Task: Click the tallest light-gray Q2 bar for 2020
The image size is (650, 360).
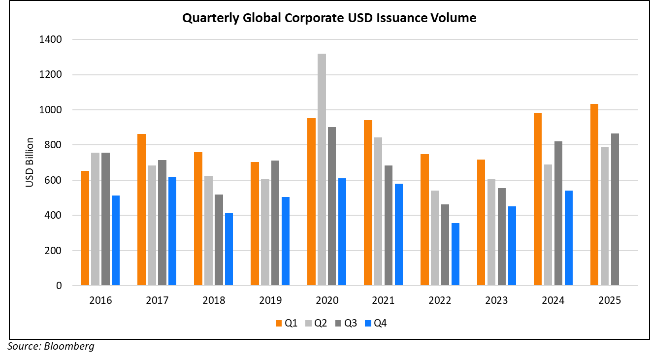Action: (x=322, y=169)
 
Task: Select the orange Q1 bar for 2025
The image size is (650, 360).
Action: (x=594, y=195)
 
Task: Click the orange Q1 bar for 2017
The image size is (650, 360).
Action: (x=141, y=209)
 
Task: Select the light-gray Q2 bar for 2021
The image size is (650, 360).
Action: (x=378, y=211)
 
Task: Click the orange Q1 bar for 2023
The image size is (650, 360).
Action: (x=481, y=222)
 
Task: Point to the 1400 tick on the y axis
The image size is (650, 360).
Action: (x=55, y=39)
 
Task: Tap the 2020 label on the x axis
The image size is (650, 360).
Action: (x=327, y=300)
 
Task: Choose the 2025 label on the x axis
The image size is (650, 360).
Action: (x=610, y=300)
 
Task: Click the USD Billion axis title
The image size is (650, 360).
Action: (x=30, y=163)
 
